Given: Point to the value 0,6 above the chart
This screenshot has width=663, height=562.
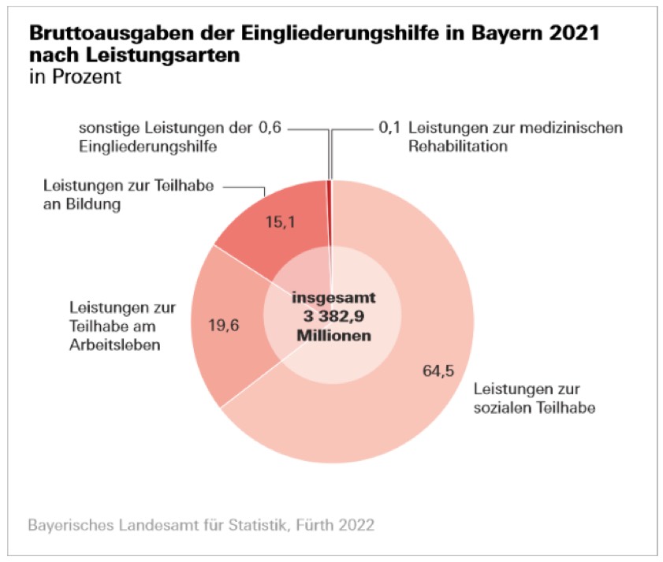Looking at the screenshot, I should coord(270,128).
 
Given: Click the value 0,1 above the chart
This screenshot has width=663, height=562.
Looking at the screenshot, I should coord(389,128).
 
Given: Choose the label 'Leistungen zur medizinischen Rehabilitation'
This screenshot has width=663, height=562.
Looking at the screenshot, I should coord(516,137).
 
